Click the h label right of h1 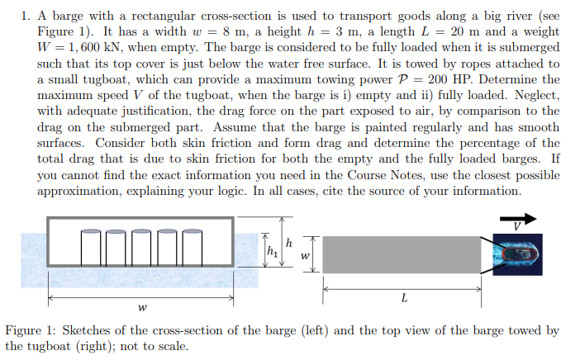pyautogui.click(x=289, y=243)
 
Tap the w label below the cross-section pyautogui.click(x=143, y=308)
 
